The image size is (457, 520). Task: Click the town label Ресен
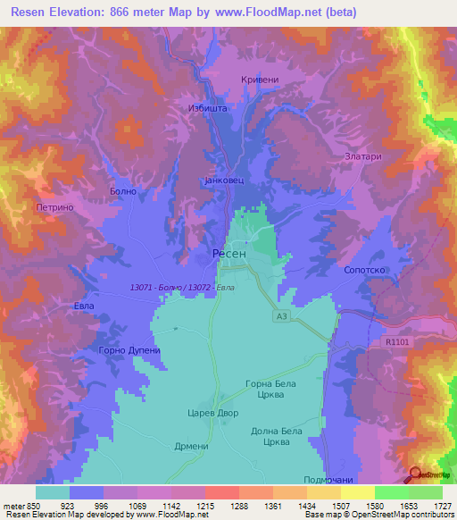point(230,254)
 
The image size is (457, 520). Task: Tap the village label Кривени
point(260,80)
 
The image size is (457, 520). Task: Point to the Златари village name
point(363,156)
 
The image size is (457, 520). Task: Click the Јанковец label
point(223,180)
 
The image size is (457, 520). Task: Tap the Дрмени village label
point(191,447)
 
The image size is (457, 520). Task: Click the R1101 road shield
point(400,341)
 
